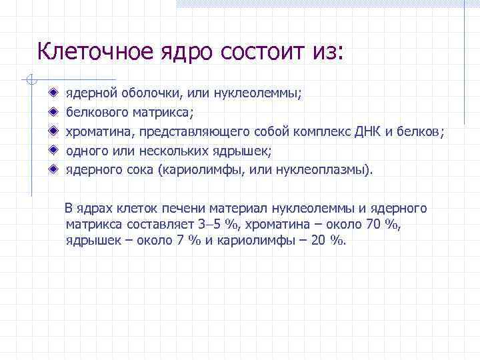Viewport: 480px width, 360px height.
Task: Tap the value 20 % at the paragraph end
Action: pyautogui.click(x=329, y=241)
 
